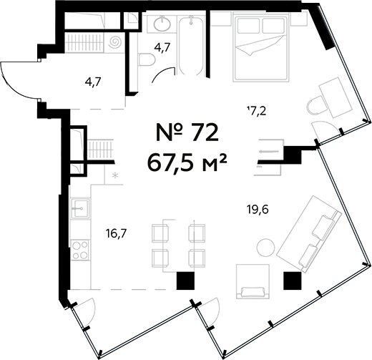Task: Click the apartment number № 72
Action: coord(187,132)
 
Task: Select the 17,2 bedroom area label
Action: coord(256,111)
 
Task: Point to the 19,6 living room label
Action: coord(258,210)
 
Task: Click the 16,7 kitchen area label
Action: coord(117,233)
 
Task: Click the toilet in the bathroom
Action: coord(147,59)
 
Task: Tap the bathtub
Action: coord(191,46)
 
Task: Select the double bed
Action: coord(262,47)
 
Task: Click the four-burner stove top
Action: coord(80,250)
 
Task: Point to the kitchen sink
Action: coord(80,208)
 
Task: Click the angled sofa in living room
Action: coord(309,234)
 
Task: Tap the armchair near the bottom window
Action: coord(253,282)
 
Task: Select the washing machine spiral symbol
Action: coord(115,42)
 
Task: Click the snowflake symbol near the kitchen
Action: coord(115,176)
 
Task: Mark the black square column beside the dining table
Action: coord(185,281)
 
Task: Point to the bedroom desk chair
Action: coord(316,105)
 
